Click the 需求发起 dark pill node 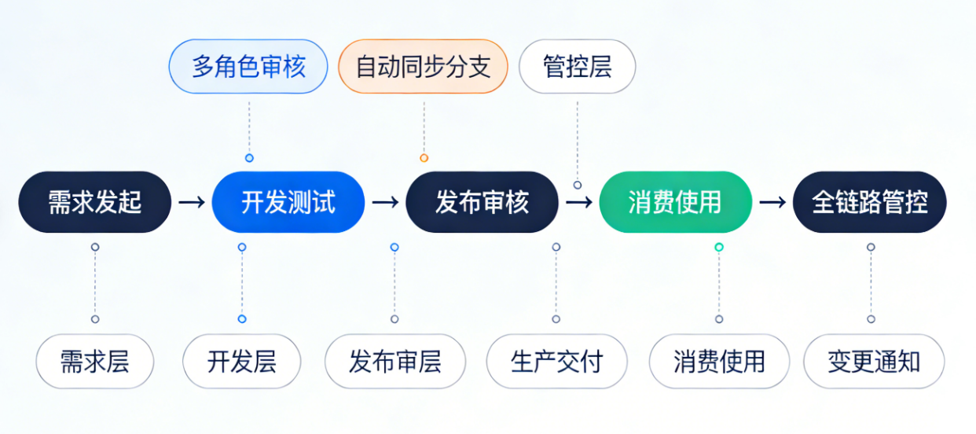(x=94, y=202)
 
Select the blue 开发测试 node (x=288, y=202)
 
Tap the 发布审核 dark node (x=482, y=202)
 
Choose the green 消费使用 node (x=675, y=202)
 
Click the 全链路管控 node (x=869, y=202)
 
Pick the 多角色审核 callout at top (x=248, y=67)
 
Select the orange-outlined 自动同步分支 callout (x=423, y=67)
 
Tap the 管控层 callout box (x=577, y=67)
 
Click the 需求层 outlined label (x=95, y=362)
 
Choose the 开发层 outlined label (x=242, y=362)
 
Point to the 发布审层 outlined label (x=395, y=362)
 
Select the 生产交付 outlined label (x=556, y=362)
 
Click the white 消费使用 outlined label (x=719, y=362)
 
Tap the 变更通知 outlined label (x=874, y=362)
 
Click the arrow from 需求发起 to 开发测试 (x=192, y=202)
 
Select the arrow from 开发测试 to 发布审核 (x=385, y=202)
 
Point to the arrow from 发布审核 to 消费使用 (x=579, y=202)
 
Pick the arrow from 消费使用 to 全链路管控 (x=772, y=202)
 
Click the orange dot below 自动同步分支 (x=424, y=158)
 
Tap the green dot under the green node (x=719, y=247)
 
